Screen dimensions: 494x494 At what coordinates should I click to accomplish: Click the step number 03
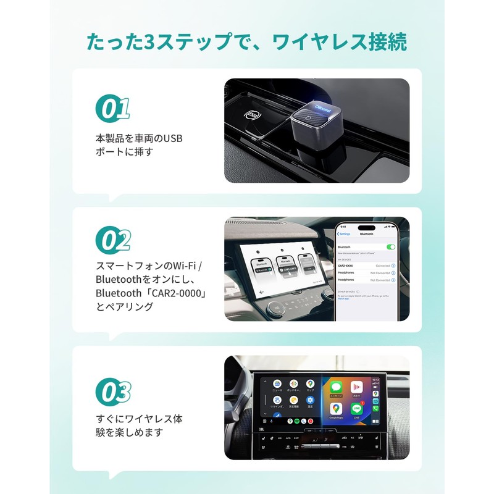point(114,391)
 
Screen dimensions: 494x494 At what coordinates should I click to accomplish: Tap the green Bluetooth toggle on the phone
point(390,246)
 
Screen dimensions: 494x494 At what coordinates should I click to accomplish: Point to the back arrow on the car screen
point(262,291)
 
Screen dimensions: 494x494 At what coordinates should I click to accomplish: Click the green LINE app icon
point(356,408)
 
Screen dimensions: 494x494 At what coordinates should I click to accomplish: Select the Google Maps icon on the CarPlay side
point(336,408)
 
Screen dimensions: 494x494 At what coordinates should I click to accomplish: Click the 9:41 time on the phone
point(343,226)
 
